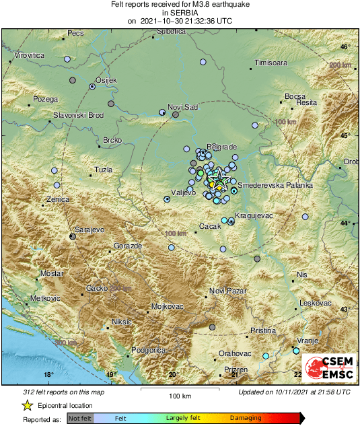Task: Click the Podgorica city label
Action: [x=148, y=350]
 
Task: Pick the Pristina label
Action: [x=263, y=330]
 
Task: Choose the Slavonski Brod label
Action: [x=79, y=115]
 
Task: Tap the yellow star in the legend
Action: [x=28, y=405]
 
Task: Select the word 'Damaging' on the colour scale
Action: [x=246, y=418]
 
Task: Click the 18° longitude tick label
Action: [x=48, y=374]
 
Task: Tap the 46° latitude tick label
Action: [x=344, y=46]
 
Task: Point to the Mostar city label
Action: [x=51, y=274]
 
